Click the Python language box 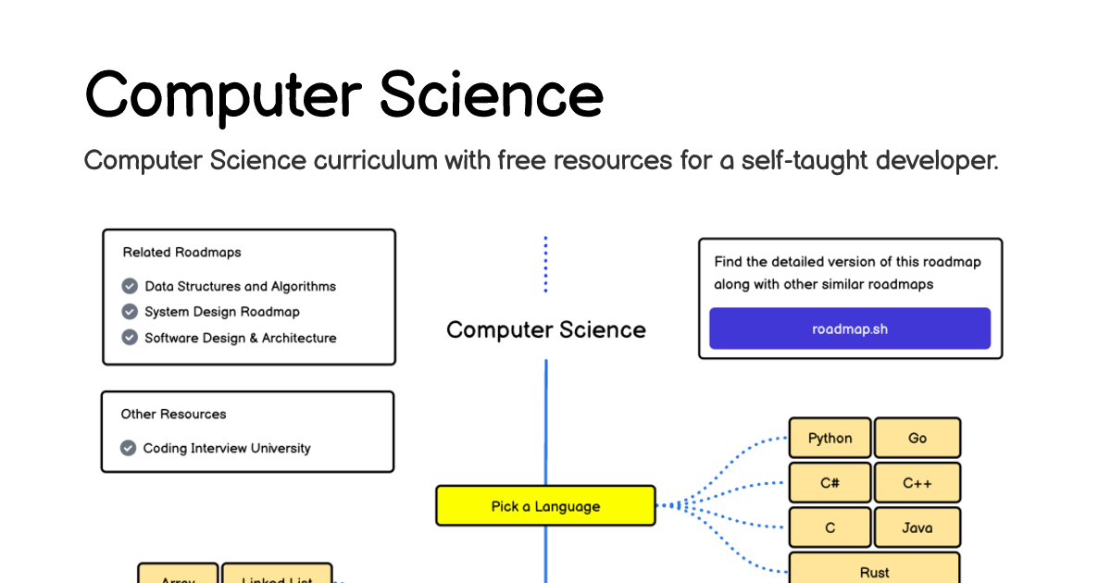[x=830, y=438]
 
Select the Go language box [x=917, y=438]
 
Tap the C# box [x=830, y=483]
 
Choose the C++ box [x=917, y=483]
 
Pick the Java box [x=917, y=528]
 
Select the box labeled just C [x=830, y=528]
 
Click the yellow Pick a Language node [x=545, y=506]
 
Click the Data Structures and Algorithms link [x=240, y=286]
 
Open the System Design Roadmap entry [x=221, y=312]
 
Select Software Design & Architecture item [x=240, y=338]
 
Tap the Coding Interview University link [x=226, y=448]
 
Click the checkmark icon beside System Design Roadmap [x=130, y=312]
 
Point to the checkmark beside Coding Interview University [x=129, y=448]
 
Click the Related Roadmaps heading [x=181, y=252]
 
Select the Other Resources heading [x=173, y=414]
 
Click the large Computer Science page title [x=343, y=94]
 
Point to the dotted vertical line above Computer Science [x=545, y=265]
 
